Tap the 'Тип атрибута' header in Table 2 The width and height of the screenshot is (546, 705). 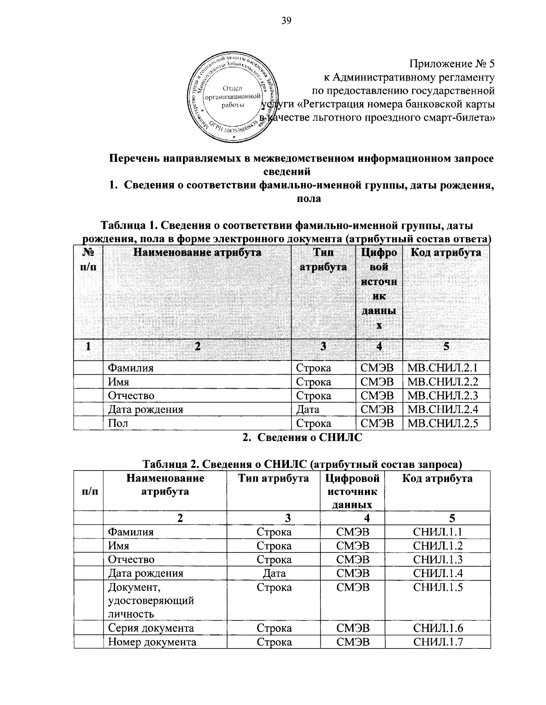pos(273,478)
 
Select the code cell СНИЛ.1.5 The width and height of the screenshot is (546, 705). pos(438,587)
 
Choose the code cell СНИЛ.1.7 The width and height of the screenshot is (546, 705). pos(438,642)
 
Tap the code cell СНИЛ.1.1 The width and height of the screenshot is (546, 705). pos(438,532)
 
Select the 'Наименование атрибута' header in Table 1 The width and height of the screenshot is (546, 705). pos(197,253)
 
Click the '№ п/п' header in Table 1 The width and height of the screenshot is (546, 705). pos(89,259)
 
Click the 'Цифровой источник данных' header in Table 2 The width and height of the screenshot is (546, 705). pos(353,491)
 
